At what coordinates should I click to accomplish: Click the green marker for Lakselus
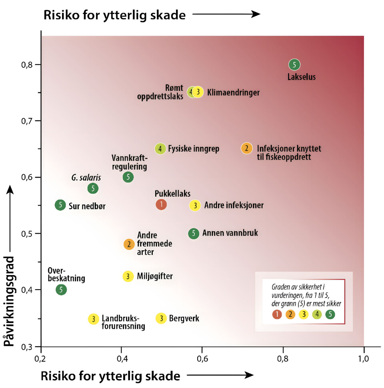tap(294, 64)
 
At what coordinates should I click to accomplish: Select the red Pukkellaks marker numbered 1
tap(161, 204)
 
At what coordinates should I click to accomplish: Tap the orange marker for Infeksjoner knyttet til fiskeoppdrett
tap(246, 148)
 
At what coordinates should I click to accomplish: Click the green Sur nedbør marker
tap(60, 205)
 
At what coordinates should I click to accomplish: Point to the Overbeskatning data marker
tap(61, 289)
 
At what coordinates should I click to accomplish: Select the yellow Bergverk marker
tap(161, 318)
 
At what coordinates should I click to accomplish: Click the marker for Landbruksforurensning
tap(93, 319)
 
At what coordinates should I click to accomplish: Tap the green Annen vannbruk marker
tap(194, 233)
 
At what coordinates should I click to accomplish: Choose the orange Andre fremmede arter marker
tap(129, 244)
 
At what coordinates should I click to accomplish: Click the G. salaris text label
tap(86, 177)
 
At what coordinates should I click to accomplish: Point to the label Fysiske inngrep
tap(193, 149)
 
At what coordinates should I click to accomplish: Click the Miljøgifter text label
tap(155, 276)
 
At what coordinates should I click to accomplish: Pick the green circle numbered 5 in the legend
tap(330, 314)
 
